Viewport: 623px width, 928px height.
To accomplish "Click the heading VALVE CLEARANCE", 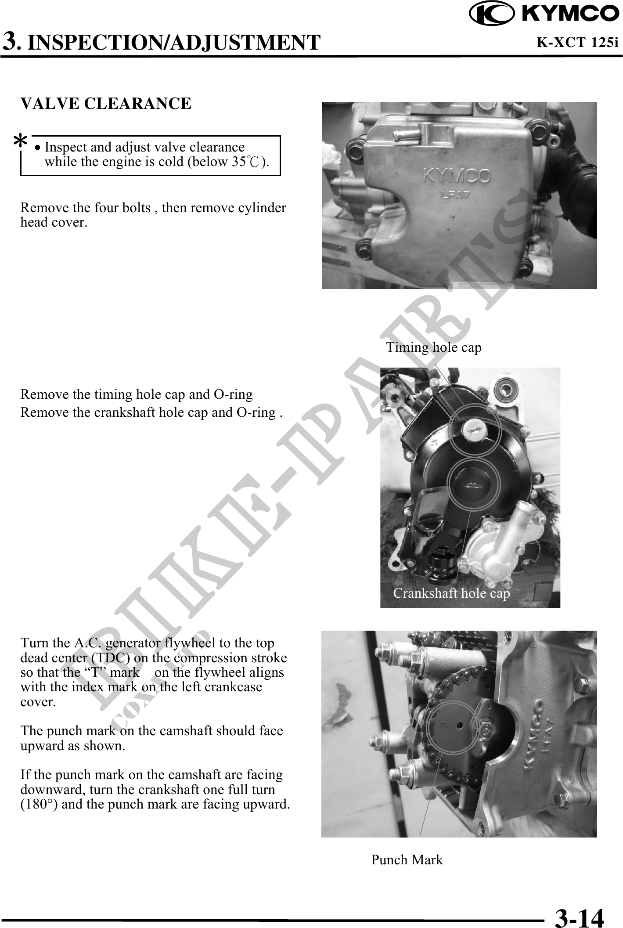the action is pos(106,104).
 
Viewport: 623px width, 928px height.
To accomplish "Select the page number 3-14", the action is pos(579,916).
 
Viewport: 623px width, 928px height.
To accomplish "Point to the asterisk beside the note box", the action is pos(20,142).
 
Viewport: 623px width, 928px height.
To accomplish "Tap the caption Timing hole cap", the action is pos(434,347).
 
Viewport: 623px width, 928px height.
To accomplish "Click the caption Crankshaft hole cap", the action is pos(451,593).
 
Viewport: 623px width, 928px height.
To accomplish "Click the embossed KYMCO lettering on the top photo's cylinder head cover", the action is pos(457,177).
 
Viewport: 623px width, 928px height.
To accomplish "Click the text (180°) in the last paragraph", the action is pos(38,804).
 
